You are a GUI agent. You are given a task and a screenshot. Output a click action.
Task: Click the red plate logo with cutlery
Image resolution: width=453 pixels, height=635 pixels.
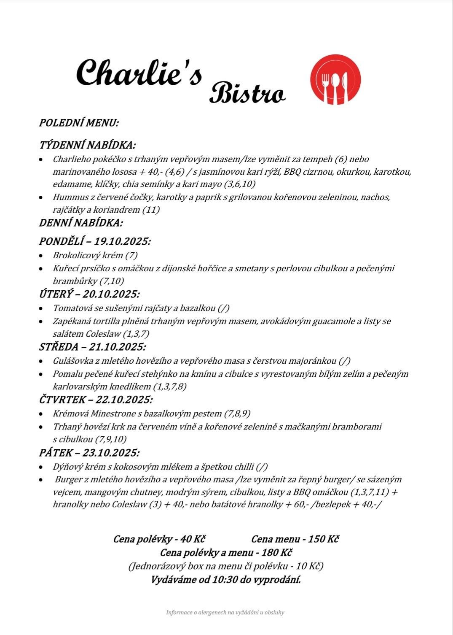335,79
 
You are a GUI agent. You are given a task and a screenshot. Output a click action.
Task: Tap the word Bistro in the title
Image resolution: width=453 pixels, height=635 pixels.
247,93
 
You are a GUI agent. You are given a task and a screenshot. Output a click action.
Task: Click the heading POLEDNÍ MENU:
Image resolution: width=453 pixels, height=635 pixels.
79,123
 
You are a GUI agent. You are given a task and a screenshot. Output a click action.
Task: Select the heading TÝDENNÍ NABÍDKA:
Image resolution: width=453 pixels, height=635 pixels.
87,145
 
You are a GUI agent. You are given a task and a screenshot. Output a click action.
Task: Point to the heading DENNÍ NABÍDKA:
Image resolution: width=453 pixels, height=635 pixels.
81,223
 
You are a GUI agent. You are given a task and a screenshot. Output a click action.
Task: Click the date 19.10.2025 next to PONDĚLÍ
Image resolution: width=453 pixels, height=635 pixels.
122,241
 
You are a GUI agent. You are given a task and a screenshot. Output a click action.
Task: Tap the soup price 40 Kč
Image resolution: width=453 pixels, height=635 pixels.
193,539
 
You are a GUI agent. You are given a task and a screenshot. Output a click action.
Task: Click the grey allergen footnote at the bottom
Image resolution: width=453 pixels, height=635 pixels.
225,612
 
